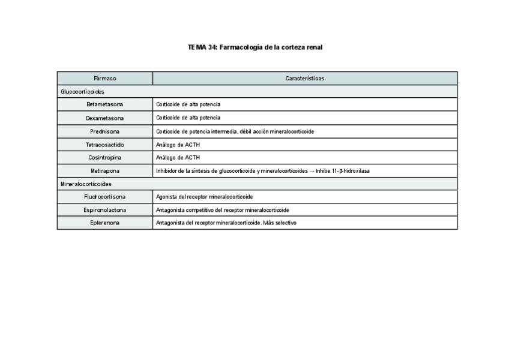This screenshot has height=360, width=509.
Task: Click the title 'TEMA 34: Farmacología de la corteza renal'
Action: (x=254, y=47)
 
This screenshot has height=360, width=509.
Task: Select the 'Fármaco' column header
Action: (x=105, y=79)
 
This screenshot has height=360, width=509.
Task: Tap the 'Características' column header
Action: (x=305, y=79)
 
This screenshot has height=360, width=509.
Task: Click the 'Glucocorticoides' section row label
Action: (x=82, y=92)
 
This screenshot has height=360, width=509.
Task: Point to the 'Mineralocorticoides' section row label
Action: (x=85, y=184)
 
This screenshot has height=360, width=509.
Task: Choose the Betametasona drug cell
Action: (x=105, y=104)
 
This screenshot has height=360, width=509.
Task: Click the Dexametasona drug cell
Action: (x=105, y=118)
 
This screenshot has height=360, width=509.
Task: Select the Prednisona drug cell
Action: (x=105, y=131)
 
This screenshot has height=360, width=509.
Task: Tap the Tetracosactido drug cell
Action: (x=105, y=145)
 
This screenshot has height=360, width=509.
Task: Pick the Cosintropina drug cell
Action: (x=105, y=158)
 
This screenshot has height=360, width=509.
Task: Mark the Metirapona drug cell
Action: (x=105, y=171)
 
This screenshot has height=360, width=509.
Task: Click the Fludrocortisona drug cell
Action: (x=105, y=197)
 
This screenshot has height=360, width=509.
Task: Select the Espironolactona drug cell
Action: (x=105, y=210)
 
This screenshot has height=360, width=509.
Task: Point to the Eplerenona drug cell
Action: (x=105, y=223)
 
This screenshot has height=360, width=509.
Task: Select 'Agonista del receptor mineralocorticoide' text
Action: (x=204, y=197)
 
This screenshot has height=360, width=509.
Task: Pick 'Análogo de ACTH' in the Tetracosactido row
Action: (x=178, y=145)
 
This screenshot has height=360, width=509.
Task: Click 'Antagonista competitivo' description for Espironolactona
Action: (x=222, y=210)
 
